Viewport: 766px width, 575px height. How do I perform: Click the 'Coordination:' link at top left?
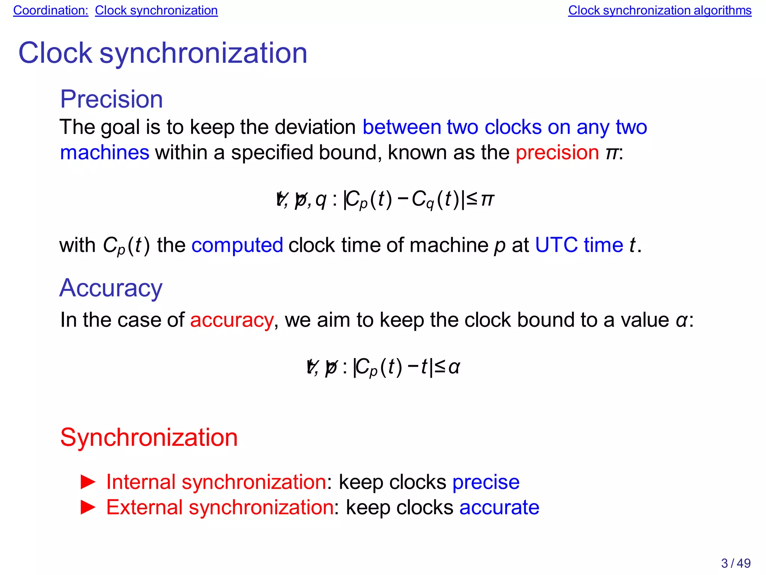click(x=50, y=10)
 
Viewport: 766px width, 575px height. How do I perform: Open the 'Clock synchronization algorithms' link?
click(x=659, y=10)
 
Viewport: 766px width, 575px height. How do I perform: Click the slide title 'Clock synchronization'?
click(x=163, y=53)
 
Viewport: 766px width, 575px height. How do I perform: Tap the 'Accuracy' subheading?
click(x=111, y=288)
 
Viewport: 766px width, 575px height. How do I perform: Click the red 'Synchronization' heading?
click(x=149, y=437)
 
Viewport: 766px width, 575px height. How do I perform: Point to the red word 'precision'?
click(x=557, y=153)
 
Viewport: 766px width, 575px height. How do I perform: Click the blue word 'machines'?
click(x=105, y=153)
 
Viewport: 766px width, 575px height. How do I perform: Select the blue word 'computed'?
click(x=237, y=245)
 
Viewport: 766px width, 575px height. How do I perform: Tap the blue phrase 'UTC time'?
click(x=579, y=245)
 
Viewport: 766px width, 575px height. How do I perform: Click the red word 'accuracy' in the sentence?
click(x=232, y=320)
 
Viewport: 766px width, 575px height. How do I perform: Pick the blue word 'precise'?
click(x=486, y=482)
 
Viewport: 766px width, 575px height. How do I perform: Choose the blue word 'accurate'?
click(x=499, y=508)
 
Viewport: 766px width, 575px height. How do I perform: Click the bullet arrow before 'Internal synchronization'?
click(x=88, y=482)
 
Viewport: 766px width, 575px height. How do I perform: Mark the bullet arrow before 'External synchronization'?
click(x=88, y=508)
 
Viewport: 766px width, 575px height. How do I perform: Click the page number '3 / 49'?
click(x=736, y=563)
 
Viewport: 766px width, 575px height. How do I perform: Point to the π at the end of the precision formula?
click(x=487, y=199)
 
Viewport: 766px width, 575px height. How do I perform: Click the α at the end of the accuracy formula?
click(x=454, y=367)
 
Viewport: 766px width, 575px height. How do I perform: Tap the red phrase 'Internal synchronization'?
click(x=216, y=482)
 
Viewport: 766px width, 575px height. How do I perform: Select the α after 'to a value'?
click(x=681, y=320)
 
